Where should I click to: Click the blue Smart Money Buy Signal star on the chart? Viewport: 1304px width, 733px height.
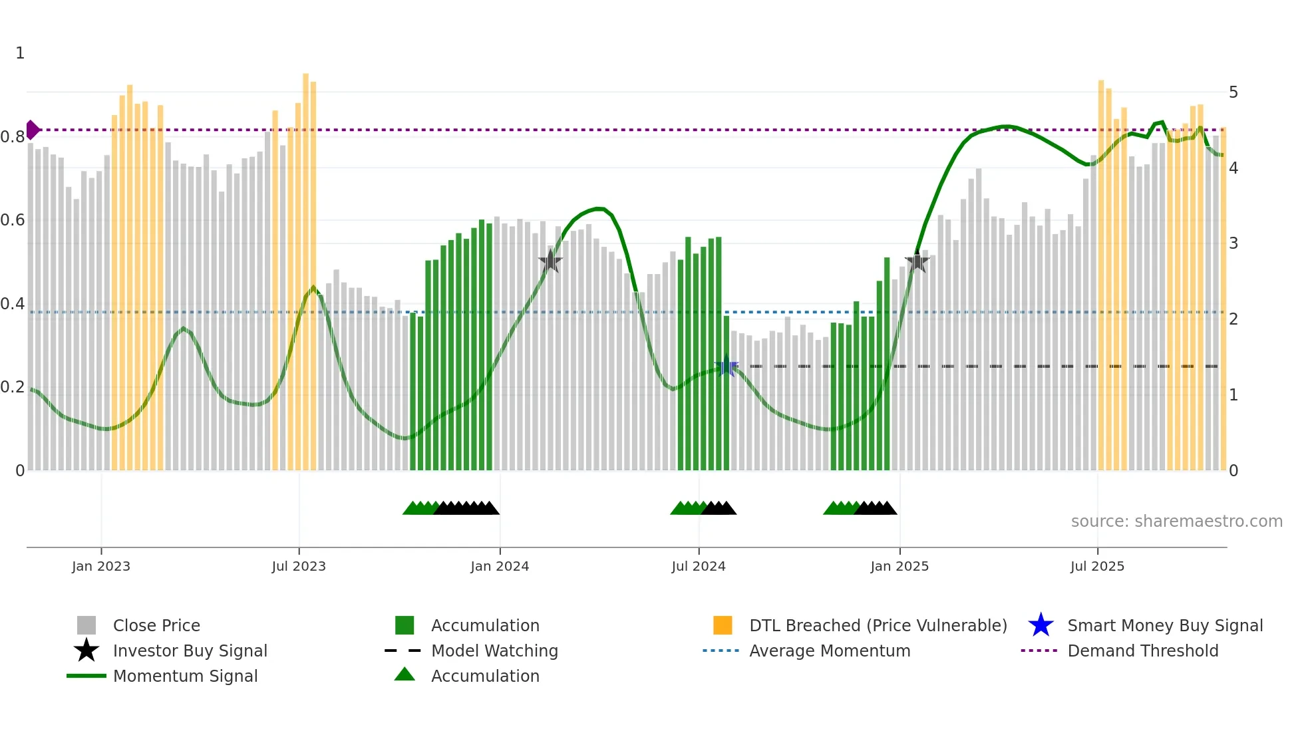pyautogui.click(x=727, y=366)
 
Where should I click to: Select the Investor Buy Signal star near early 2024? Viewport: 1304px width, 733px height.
pyautogui.click(x=550, y=261)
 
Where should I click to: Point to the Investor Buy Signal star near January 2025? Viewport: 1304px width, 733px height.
pyautogui.click(x=917, y=261)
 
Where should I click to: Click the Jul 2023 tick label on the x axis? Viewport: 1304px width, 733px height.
pyautogui.click(x=299, y=566)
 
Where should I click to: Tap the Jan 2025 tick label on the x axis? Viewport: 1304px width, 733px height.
pyautogui.click(x=899, y=566)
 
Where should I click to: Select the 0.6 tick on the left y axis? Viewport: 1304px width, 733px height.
pyautogui.click(x=13, y=220)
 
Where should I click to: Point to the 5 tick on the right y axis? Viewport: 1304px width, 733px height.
pyautogui.click(x=1233, y=92)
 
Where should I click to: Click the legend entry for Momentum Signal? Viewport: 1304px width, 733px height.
pyautogui.click(x=185, y=676)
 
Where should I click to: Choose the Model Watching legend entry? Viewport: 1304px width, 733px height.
pyautogui.click(x=494, y=651)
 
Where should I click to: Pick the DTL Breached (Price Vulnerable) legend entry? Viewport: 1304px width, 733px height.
pyautogui.click(x=878, y=625)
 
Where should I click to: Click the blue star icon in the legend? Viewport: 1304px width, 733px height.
pyautogui.click(x=1041, y=625)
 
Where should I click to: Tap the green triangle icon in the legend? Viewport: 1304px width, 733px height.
pyautogui.click(x=405, y=674)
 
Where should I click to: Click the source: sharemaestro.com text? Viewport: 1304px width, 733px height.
pyautogui.click(x=1176, y=521)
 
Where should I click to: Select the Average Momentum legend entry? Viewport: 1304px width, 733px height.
pyautogui.click(x=829, y=651)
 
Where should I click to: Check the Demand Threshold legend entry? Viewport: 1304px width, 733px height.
pyautogui.click(x=1142, y=651)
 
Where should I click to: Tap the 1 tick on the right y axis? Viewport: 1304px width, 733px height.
pyautogui.click(x=1233, y=395)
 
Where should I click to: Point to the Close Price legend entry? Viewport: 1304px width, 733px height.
pyautogui.click(x=156, y=625)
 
